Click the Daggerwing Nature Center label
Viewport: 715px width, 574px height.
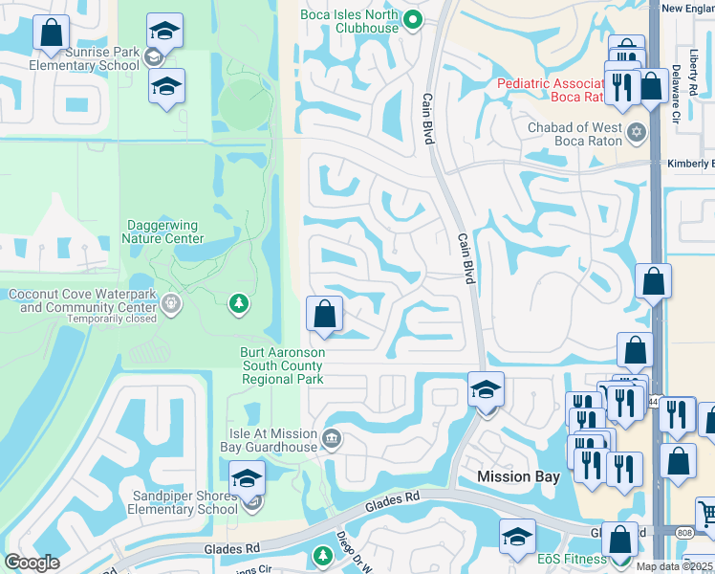pyautogui.click(x=164, y=232)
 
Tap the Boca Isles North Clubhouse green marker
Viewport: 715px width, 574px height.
pyautogui.click(x=413, y=19)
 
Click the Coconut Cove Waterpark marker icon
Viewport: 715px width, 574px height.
pyautogui.click(x=171, y=305)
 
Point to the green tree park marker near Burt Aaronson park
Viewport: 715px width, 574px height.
pyautogui.click(x=238, y=304)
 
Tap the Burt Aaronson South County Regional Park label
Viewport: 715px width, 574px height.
pyautogui.click(x=282, y=365)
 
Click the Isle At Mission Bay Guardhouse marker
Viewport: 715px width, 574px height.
pyautogui.click(x=332, y=439)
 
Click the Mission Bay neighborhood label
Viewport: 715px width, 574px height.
pyautogui.click(x=517, y=476)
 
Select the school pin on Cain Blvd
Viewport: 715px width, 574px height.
pyautogui.click(x=486, y=390)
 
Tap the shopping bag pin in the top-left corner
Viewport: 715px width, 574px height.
pyautogui.click(x=51, y=31)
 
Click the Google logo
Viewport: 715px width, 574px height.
pyautogui.click(x=32, y=563)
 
